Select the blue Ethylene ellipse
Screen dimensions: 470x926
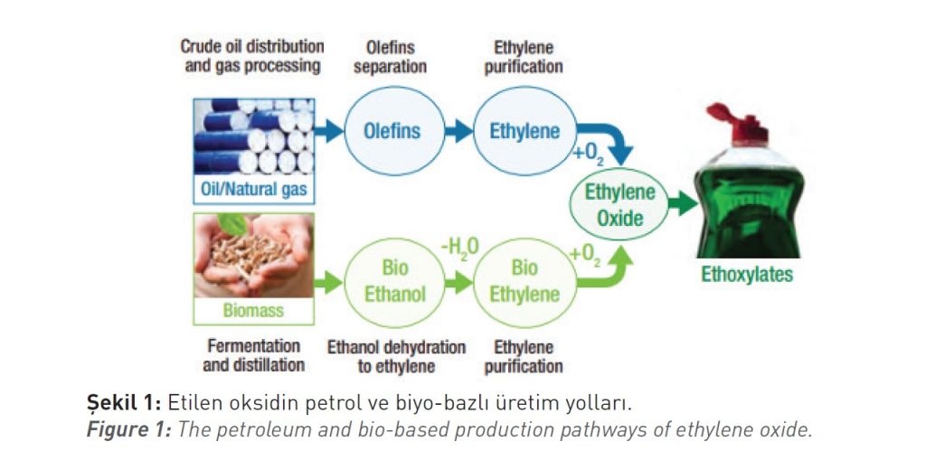524,132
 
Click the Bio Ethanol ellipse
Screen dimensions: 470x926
393,282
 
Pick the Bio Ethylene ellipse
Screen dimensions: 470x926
524,282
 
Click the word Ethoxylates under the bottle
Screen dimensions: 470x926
747,275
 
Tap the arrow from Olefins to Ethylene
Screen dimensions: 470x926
459,132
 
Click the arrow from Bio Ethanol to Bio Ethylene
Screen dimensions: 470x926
459,282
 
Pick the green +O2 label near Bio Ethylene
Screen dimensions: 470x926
587,256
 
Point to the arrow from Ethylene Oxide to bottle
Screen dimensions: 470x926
685,205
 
